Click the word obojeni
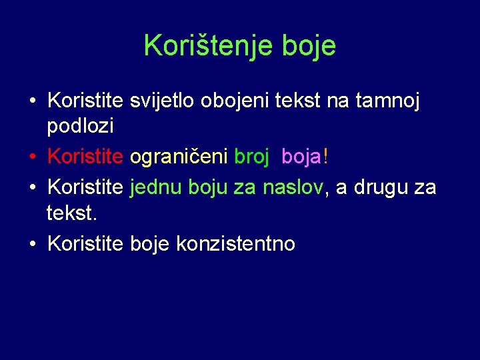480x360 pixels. coord(231,101)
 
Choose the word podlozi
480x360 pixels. coord(81,125)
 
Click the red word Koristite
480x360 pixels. coord(85,158)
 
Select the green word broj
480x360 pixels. coord(251,158)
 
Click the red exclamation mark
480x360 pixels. coord(325,157)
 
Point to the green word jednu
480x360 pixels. coord(157,187)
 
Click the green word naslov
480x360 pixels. coord(293,187)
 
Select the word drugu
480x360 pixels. coord(380,187)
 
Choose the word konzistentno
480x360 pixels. coord(235,244)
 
